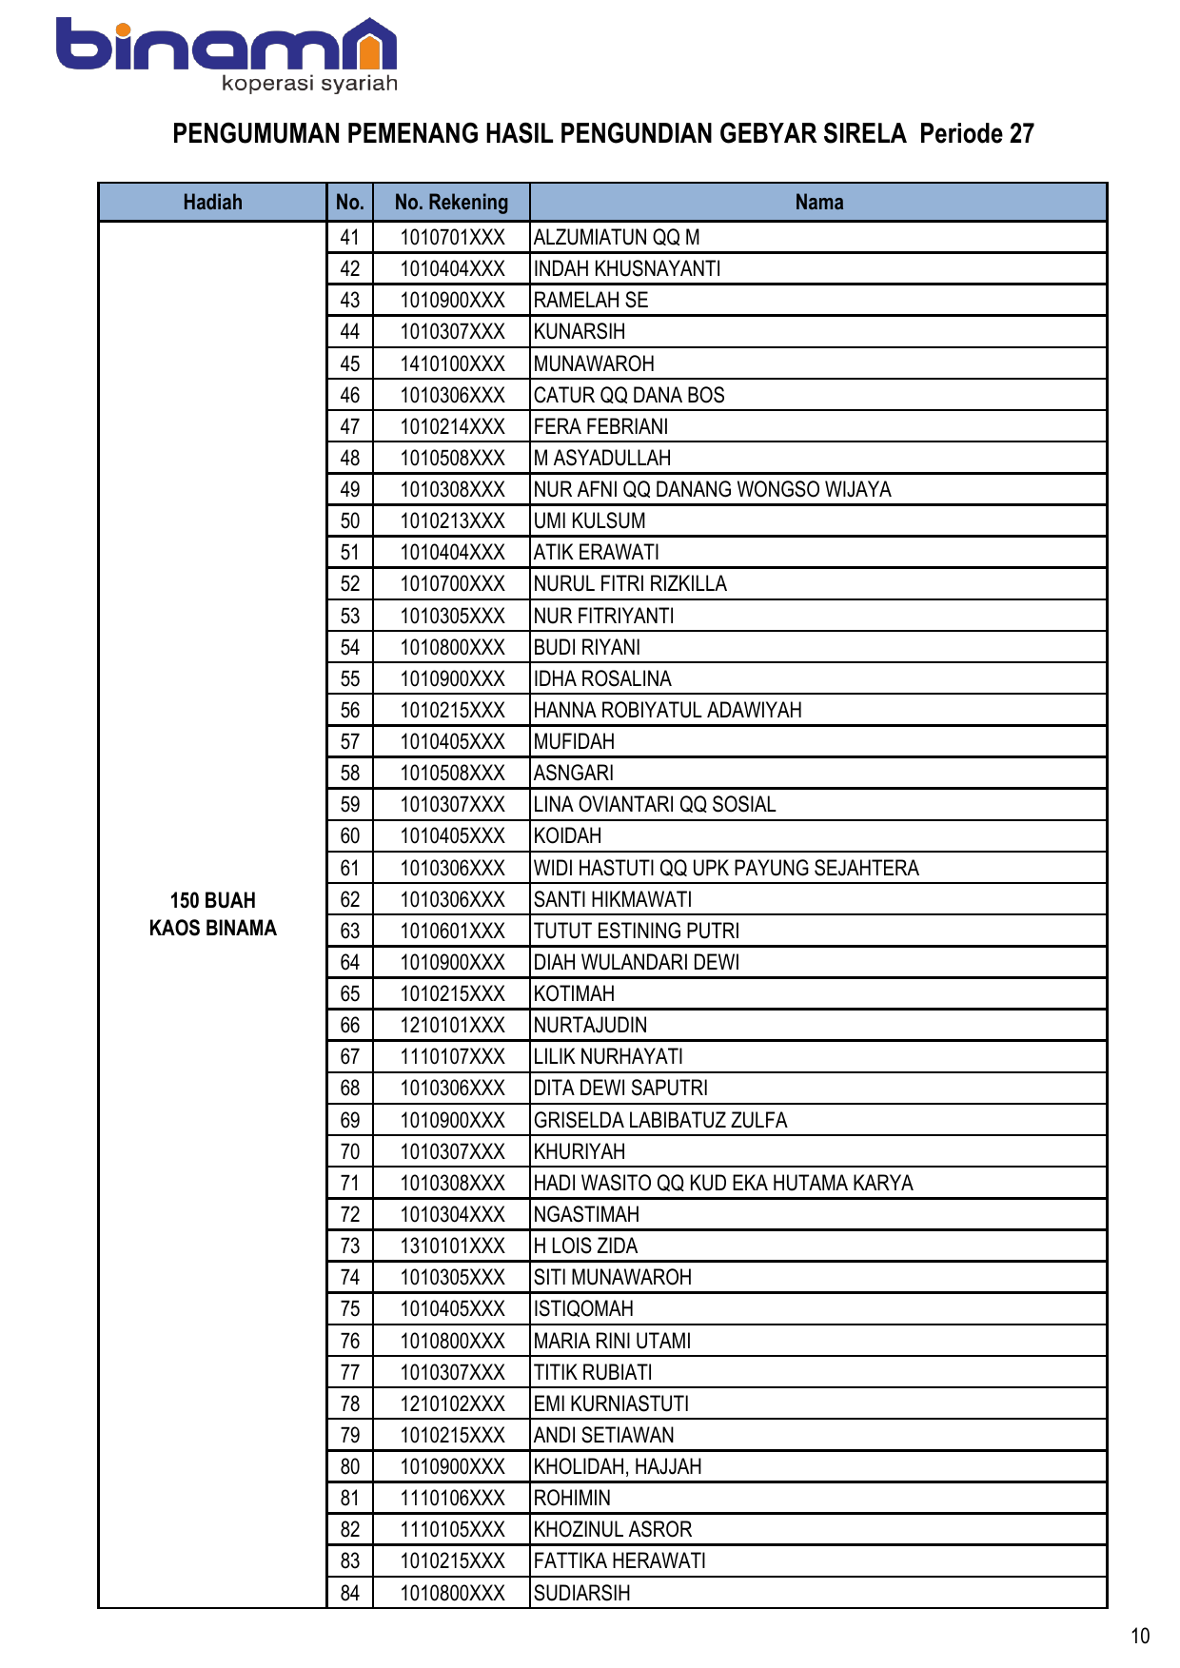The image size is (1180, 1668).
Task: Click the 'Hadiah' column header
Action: point(212,203)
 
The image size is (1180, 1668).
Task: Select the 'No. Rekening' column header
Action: point(451,203)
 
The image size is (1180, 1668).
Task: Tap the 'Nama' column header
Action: point(818,203)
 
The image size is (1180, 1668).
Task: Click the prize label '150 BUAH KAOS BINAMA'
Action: point(212,914)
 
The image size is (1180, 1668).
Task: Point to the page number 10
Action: point(1140,1636)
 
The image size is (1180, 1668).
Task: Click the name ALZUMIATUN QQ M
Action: point(617,238)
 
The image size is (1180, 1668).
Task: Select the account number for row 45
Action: point(452,363)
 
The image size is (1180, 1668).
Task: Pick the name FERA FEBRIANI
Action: point(600,426)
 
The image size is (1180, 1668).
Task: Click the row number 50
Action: point(349,521)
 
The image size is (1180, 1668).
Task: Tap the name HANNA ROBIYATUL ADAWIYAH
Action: point(667,710)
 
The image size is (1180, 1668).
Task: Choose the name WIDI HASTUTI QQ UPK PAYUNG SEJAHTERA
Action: point(726,868)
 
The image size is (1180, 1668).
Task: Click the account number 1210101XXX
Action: point(452,1025)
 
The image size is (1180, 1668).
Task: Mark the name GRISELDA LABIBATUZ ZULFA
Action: point(660,1120)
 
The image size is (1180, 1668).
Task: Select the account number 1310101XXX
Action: point(452,1246)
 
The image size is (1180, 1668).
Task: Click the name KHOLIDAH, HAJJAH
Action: point(618,1466)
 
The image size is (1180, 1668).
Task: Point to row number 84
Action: point(349,1593)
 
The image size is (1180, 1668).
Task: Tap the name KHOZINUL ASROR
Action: point(613,1529)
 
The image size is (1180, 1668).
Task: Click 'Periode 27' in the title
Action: point(976,134)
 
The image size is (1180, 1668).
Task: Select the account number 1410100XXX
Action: point(452,363)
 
